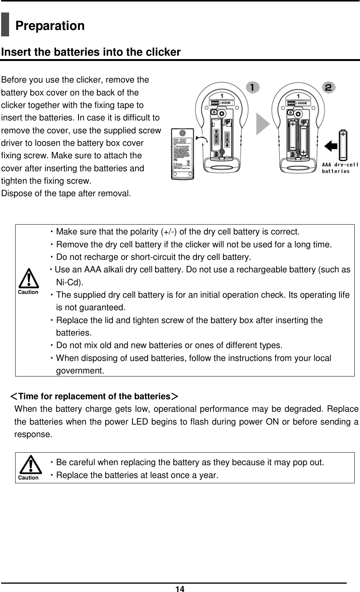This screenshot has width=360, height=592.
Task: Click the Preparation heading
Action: coord(50,26)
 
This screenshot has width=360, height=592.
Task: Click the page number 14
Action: coord(180,588)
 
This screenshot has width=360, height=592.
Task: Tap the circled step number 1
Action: coord(252,87)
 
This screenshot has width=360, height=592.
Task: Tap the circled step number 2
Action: coord(328,87)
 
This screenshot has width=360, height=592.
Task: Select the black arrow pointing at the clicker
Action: coord(332,146)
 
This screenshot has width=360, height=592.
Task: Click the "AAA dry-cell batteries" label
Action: coord(340,167)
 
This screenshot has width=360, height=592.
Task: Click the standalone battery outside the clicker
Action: coord(343,145)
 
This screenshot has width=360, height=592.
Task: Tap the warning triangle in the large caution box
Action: coord(28,278)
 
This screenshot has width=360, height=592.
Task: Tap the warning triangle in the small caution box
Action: coord(28,465)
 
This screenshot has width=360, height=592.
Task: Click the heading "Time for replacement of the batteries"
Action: coord(94,397)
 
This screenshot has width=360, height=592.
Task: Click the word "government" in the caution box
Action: coord(79,371)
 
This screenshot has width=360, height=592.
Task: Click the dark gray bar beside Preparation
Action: coord(5,24)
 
